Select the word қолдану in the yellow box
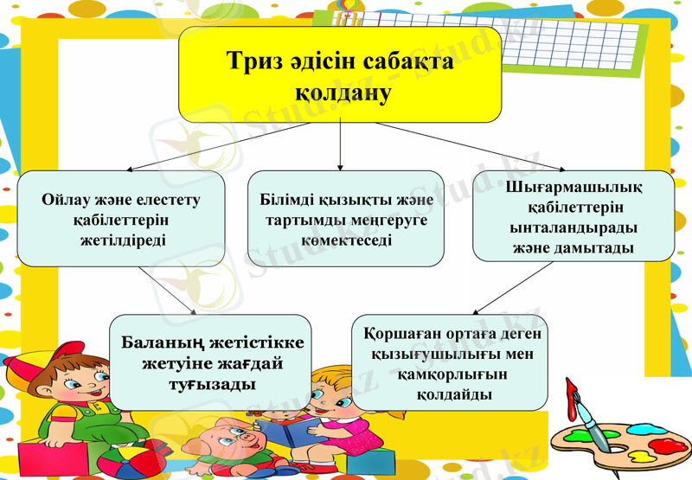click(339, 91)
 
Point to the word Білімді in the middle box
click(289, 200)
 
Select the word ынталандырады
click(573, 228)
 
